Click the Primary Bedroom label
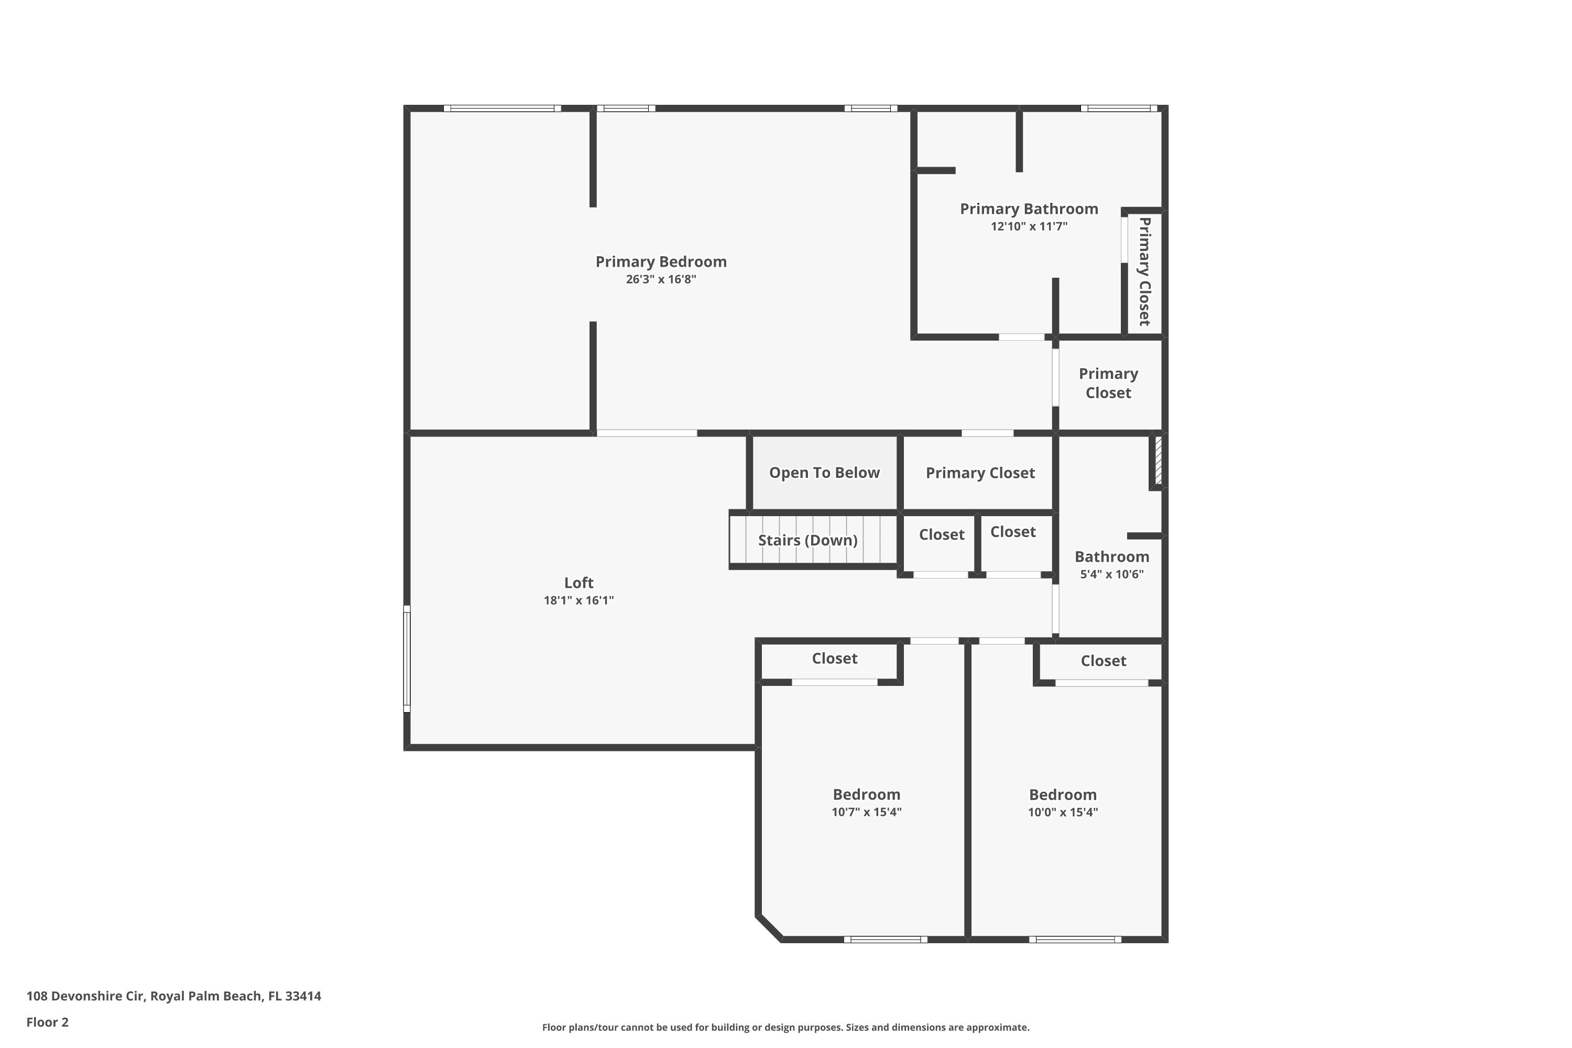(660, 261)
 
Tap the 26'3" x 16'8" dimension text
(660, 279)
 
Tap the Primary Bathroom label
(1029, 209)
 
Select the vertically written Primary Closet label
(1144, 271)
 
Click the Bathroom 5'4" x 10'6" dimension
(1111, 574)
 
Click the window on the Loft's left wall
(407, 658)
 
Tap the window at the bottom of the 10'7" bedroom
(885, 939)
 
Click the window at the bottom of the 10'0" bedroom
(1075, 939)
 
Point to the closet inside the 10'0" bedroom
(1103, 660)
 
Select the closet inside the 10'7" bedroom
(834, 658)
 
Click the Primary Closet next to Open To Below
(980, 473)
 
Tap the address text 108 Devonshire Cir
(174, 996)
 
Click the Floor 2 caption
(48, 1022)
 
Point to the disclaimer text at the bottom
(785, 1027)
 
